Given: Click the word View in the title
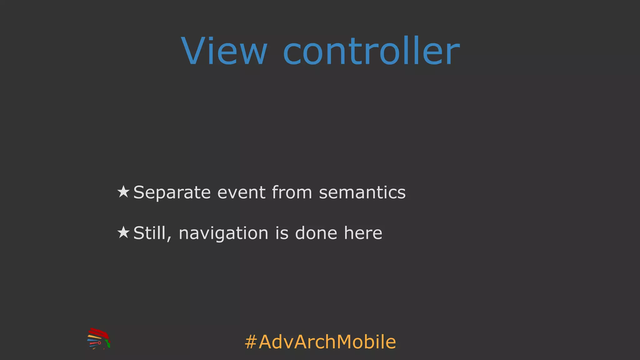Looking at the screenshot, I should (x=224, y=51).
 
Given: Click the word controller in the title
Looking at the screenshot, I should (x=371, y=51).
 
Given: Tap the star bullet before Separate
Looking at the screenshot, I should (x=123, y=192).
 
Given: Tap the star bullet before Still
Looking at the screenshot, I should (x=123, y=232).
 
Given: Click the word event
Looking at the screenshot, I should (x=241, y=192).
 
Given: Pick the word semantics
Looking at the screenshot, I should (x=362, y=192).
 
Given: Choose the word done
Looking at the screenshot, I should (x=316, y=233).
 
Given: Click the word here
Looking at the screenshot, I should (x=363, y=233).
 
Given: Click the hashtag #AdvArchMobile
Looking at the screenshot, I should (x=320, y=342).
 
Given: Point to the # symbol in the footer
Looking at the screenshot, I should (x=251, y=342).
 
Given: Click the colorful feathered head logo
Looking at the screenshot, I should (x=98, y=339).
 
